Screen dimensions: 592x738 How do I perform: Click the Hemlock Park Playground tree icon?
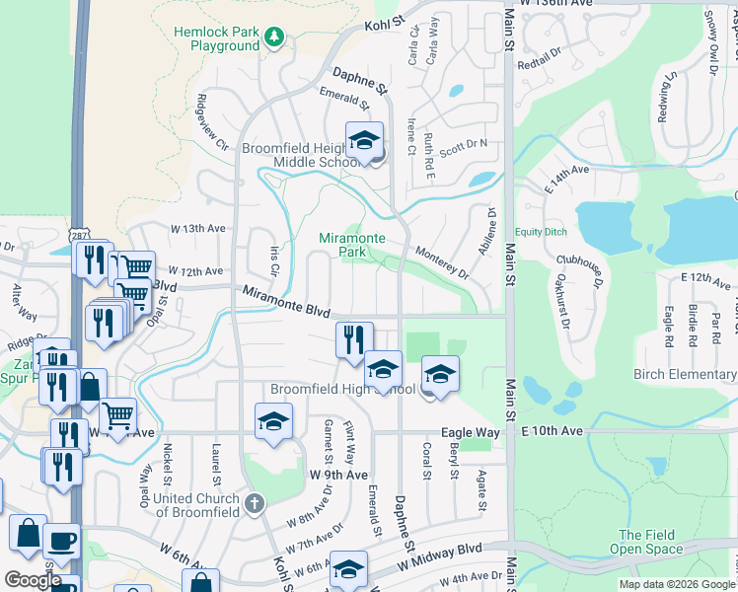point(275,37)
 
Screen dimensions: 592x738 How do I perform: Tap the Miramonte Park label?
point(344,245)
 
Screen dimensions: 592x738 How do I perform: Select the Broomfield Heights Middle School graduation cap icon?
point(364,139)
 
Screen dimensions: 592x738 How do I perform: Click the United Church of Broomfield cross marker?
point(254,504)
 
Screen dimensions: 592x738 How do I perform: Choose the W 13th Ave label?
point(198,228)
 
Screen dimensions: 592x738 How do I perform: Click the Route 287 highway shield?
point(78,236)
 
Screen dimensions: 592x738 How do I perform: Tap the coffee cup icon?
point(62,540)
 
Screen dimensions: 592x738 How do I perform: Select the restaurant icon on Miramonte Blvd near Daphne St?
point(354,339)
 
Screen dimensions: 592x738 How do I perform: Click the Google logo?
point(32,580)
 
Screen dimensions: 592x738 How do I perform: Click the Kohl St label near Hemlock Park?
point(385,22)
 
